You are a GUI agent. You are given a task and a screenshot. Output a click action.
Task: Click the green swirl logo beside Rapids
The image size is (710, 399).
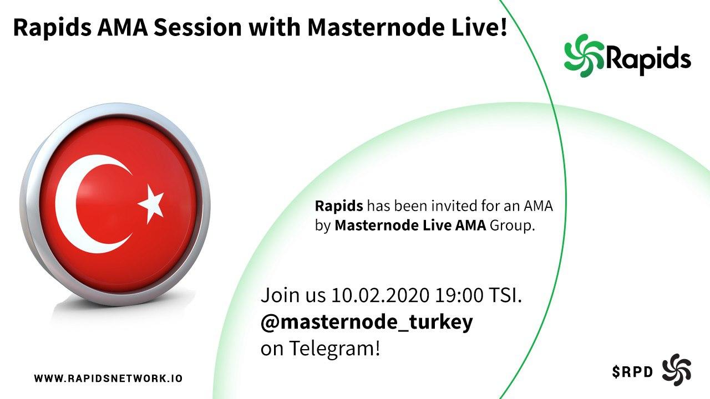(x=585, y=56)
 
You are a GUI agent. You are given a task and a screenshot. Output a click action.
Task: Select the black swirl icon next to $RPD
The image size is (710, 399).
(x=676, y=370)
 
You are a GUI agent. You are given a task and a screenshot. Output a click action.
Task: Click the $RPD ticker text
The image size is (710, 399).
(x=632, y=372)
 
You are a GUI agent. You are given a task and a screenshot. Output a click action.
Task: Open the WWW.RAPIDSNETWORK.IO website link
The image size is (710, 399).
(x=108, y=378)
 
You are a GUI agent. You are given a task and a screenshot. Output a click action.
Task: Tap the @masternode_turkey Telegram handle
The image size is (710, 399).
(x=367, y=322)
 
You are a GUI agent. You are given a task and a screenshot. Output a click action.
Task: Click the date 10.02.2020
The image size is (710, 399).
(x=381, y=295)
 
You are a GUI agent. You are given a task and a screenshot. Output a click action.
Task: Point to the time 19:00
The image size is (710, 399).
(x=459, y=295)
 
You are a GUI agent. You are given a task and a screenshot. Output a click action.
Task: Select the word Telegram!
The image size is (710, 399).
(x=334, y=349)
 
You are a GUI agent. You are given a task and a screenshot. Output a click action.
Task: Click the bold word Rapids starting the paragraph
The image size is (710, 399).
(x=339, y=207)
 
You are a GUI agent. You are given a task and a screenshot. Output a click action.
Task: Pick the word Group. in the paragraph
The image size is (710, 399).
(x=512, y=226)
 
